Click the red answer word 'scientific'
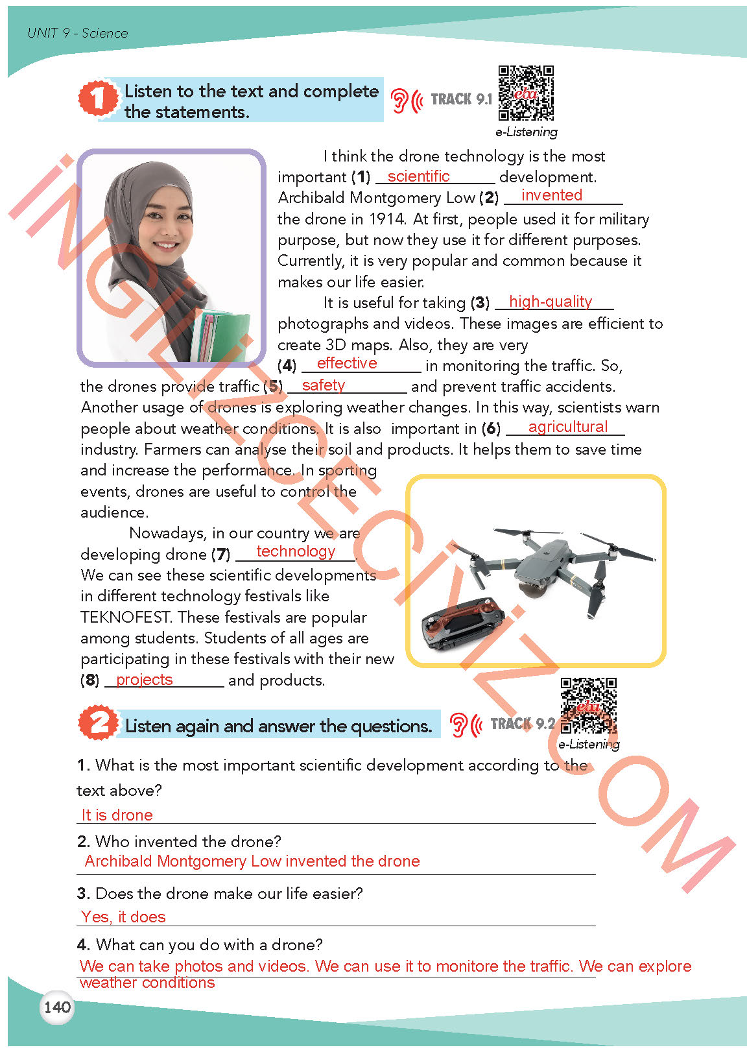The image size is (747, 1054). point(418,176)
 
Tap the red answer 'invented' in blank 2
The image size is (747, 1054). point(552,195)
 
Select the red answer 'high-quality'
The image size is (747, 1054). point(551,302)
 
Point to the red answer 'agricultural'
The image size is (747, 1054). point(568,427)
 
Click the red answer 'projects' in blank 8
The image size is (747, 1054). point(145,680)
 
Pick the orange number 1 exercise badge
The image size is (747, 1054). point(97,99)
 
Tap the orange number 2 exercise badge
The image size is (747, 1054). point(98,723)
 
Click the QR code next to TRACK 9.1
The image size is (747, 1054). point(526,93)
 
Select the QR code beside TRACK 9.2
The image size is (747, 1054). point(589,706)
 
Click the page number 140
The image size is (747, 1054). point(57,1007)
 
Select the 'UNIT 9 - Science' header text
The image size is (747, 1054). point(78,33)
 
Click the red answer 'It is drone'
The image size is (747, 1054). point(117,815)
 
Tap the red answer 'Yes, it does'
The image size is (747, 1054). point(123,917)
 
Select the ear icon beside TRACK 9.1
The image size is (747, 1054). point(401,100)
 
